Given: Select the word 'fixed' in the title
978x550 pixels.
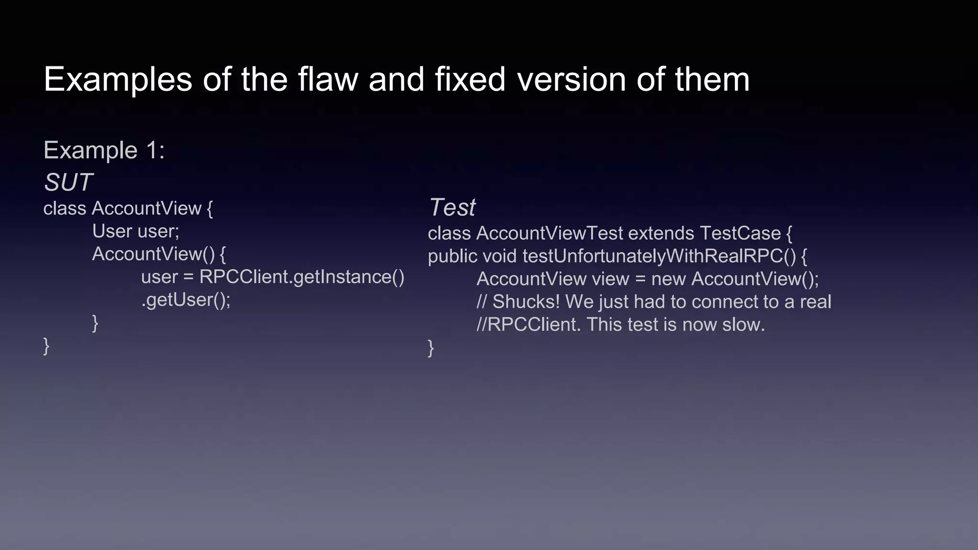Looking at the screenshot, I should point(470,79).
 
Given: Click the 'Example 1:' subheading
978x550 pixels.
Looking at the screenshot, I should point(104,150).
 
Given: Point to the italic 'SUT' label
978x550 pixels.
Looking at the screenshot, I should point(68,182).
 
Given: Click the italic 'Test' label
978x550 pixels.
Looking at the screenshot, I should point(452,207).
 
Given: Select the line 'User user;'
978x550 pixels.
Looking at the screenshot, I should point(136,232).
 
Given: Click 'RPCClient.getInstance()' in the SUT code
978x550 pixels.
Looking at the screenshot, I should point(302,277).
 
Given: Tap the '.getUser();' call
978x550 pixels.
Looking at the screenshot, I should point(186,300).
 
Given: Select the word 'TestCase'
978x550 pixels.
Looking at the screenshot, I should point(740,233).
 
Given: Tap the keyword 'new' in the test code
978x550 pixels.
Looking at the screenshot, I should point(669,279).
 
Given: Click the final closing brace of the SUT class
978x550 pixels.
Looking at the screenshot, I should point(46,346).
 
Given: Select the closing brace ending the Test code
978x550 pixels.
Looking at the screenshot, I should point(431,348).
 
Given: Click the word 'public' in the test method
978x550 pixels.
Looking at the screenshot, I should point(452,256).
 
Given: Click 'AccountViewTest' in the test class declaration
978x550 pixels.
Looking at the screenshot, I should point(549,233).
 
